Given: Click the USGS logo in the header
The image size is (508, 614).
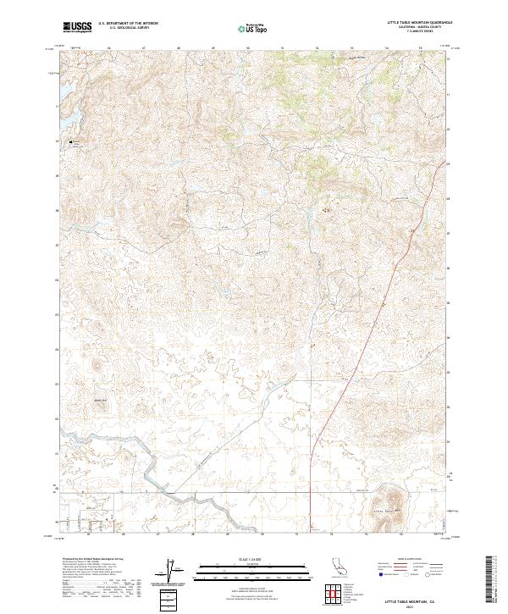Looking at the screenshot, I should tap(77, 27).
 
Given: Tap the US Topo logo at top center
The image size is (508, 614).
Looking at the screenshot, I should tap(249, 27).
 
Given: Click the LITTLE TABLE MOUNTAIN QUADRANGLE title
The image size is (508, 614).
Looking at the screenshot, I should tap(419, 22).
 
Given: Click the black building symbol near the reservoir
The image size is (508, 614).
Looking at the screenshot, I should tap(71, 141).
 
